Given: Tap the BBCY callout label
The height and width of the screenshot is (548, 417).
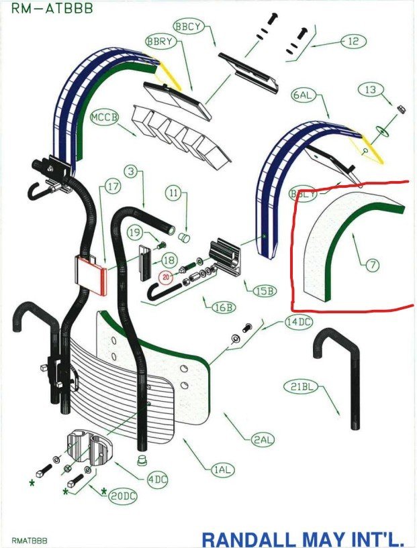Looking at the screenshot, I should (187, 25).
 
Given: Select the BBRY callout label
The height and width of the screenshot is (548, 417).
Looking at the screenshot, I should (160, 41).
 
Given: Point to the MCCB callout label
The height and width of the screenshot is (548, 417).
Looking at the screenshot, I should (105, 117).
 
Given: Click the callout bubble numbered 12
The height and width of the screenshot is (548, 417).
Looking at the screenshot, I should (353, 42).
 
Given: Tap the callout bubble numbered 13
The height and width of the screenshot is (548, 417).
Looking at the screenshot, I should (369, 89).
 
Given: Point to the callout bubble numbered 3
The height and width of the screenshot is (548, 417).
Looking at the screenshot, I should (132, 172).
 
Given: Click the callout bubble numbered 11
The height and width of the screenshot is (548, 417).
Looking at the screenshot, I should (175, 195).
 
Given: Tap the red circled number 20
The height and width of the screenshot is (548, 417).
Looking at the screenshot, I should (166, 276).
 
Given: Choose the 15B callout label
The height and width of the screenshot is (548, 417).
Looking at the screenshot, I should (264, 291).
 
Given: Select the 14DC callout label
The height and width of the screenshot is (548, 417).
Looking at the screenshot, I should (298, 321).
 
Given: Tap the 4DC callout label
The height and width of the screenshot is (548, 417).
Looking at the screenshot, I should (158, 479).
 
